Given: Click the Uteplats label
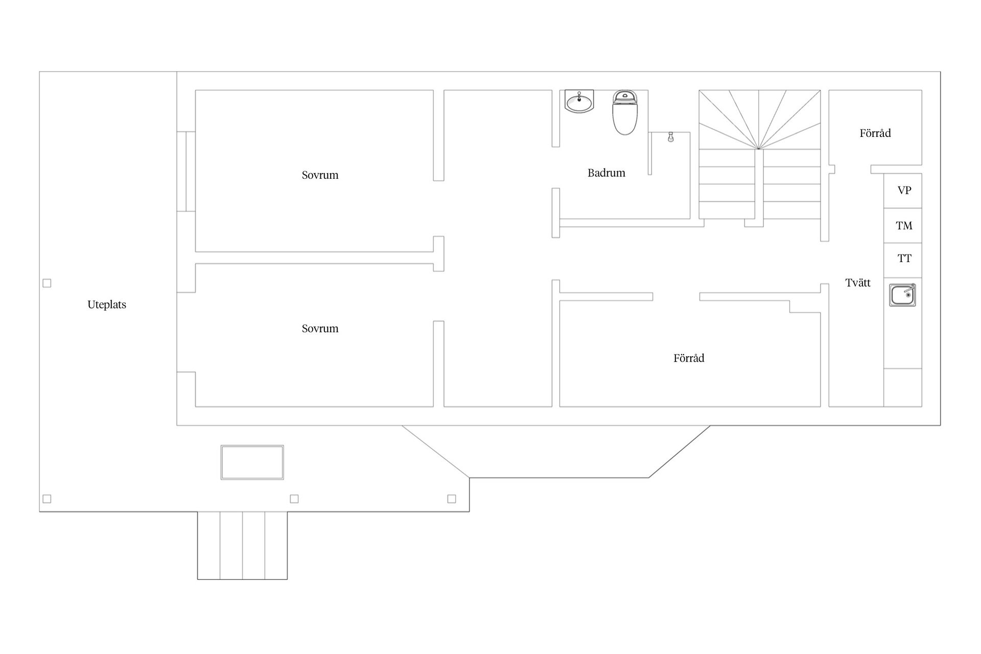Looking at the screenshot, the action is pos(107,305).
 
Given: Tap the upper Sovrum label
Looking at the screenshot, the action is pos(320,175).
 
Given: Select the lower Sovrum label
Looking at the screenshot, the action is pos(320,329).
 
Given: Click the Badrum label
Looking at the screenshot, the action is pos(606,173).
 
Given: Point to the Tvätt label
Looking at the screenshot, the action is pos(858,283).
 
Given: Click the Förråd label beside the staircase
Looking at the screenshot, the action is pos(875,133).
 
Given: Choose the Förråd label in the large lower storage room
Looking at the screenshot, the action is pos(689,358).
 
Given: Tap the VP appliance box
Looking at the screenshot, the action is pos(903,191).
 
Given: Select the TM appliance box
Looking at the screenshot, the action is pos(903,225).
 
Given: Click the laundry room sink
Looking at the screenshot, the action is pos(902,295).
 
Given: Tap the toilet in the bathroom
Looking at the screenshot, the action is pos(625,112).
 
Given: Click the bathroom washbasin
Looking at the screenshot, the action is pos(579,101).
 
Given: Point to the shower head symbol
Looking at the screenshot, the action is pos(670,137).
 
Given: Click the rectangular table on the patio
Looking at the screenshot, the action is pos(252,462).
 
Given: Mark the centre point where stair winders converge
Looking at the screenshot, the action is pos(759,149).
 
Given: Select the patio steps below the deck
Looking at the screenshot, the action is pos(243,546).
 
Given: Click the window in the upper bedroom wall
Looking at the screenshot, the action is pos(186,171).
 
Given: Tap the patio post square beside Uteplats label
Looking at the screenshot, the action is pos(47,283).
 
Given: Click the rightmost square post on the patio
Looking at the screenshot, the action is pos(452,499).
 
